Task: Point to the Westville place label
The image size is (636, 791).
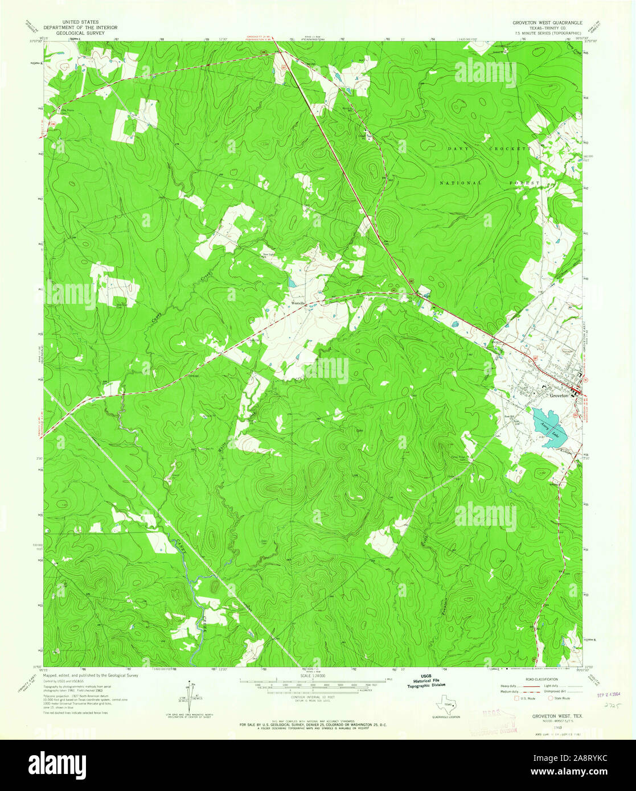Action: pos(299,303)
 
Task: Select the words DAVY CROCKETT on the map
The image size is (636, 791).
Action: pos(489,148)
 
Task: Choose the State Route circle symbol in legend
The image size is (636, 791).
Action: pos(551,697)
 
